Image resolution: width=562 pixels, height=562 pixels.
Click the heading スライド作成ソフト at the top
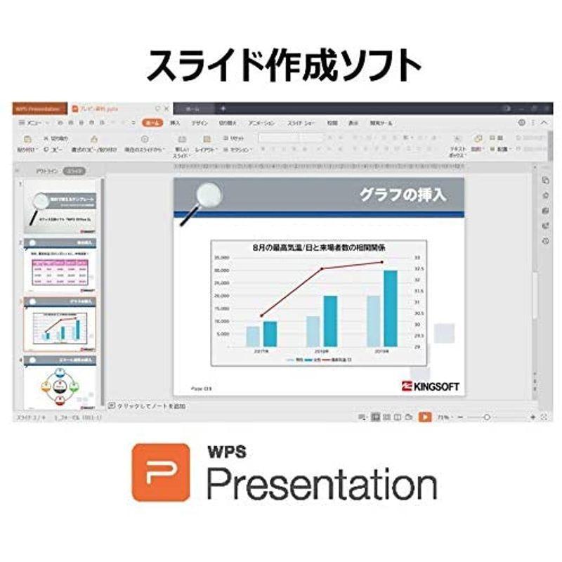coord(281,67)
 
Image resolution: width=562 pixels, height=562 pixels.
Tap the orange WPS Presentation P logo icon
coord(160,472)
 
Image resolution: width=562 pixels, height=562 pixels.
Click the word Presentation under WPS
coord(320,485)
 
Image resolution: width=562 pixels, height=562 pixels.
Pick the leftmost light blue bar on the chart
coord(252,336)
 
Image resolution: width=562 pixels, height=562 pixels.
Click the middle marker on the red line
coord(322,269)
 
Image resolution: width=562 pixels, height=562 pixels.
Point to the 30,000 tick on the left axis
coord(221,270)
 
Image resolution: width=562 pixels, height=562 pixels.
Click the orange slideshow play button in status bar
coord(424,417)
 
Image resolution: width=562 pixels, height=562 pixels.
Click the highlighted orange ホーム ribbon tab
coord(151,122)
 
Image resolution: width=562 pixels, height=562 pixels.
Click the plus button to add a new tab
coord(223,109)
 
